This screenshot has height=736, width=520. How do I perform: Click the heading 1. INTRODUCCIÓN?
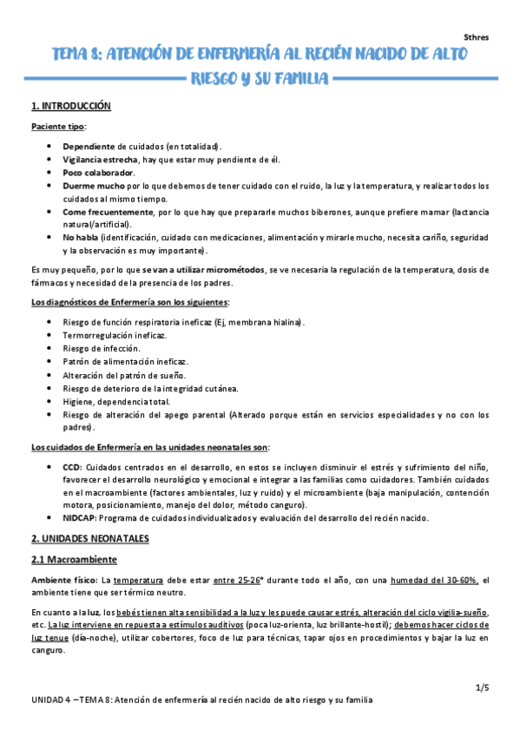pyautogui.click(x=71, y=107)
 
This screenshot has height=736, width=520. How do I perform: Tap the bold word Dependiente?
pyautogui.click(x=89, y=146)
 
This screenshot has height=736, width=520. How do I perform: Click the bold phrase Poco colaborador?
pyautogui.click(x=92, y=172)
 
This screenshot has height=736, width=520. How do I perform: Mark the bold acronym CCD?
pyautogui.click(x=73, y=466)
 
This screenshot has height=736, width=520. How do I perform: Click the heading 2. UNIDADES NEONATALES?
pyautogui.click(x=89, y=538)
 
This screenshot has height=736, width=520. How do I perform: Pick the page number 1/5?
pyautogui.click(x=483, y=687)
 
